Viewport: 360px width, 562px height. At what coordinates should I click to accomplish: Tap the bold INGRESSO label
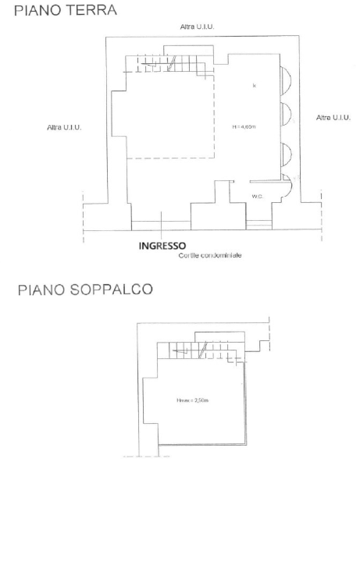tap(160, 247)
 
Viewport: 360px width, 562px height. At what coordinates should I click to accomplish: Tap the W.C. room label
tap(256, 196)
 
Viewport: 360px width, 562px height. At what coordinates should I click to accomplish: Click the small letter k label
tap(255, 84)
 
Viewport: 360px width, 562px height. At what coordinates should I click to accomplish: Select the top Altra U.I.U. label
tap(197, 27)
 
